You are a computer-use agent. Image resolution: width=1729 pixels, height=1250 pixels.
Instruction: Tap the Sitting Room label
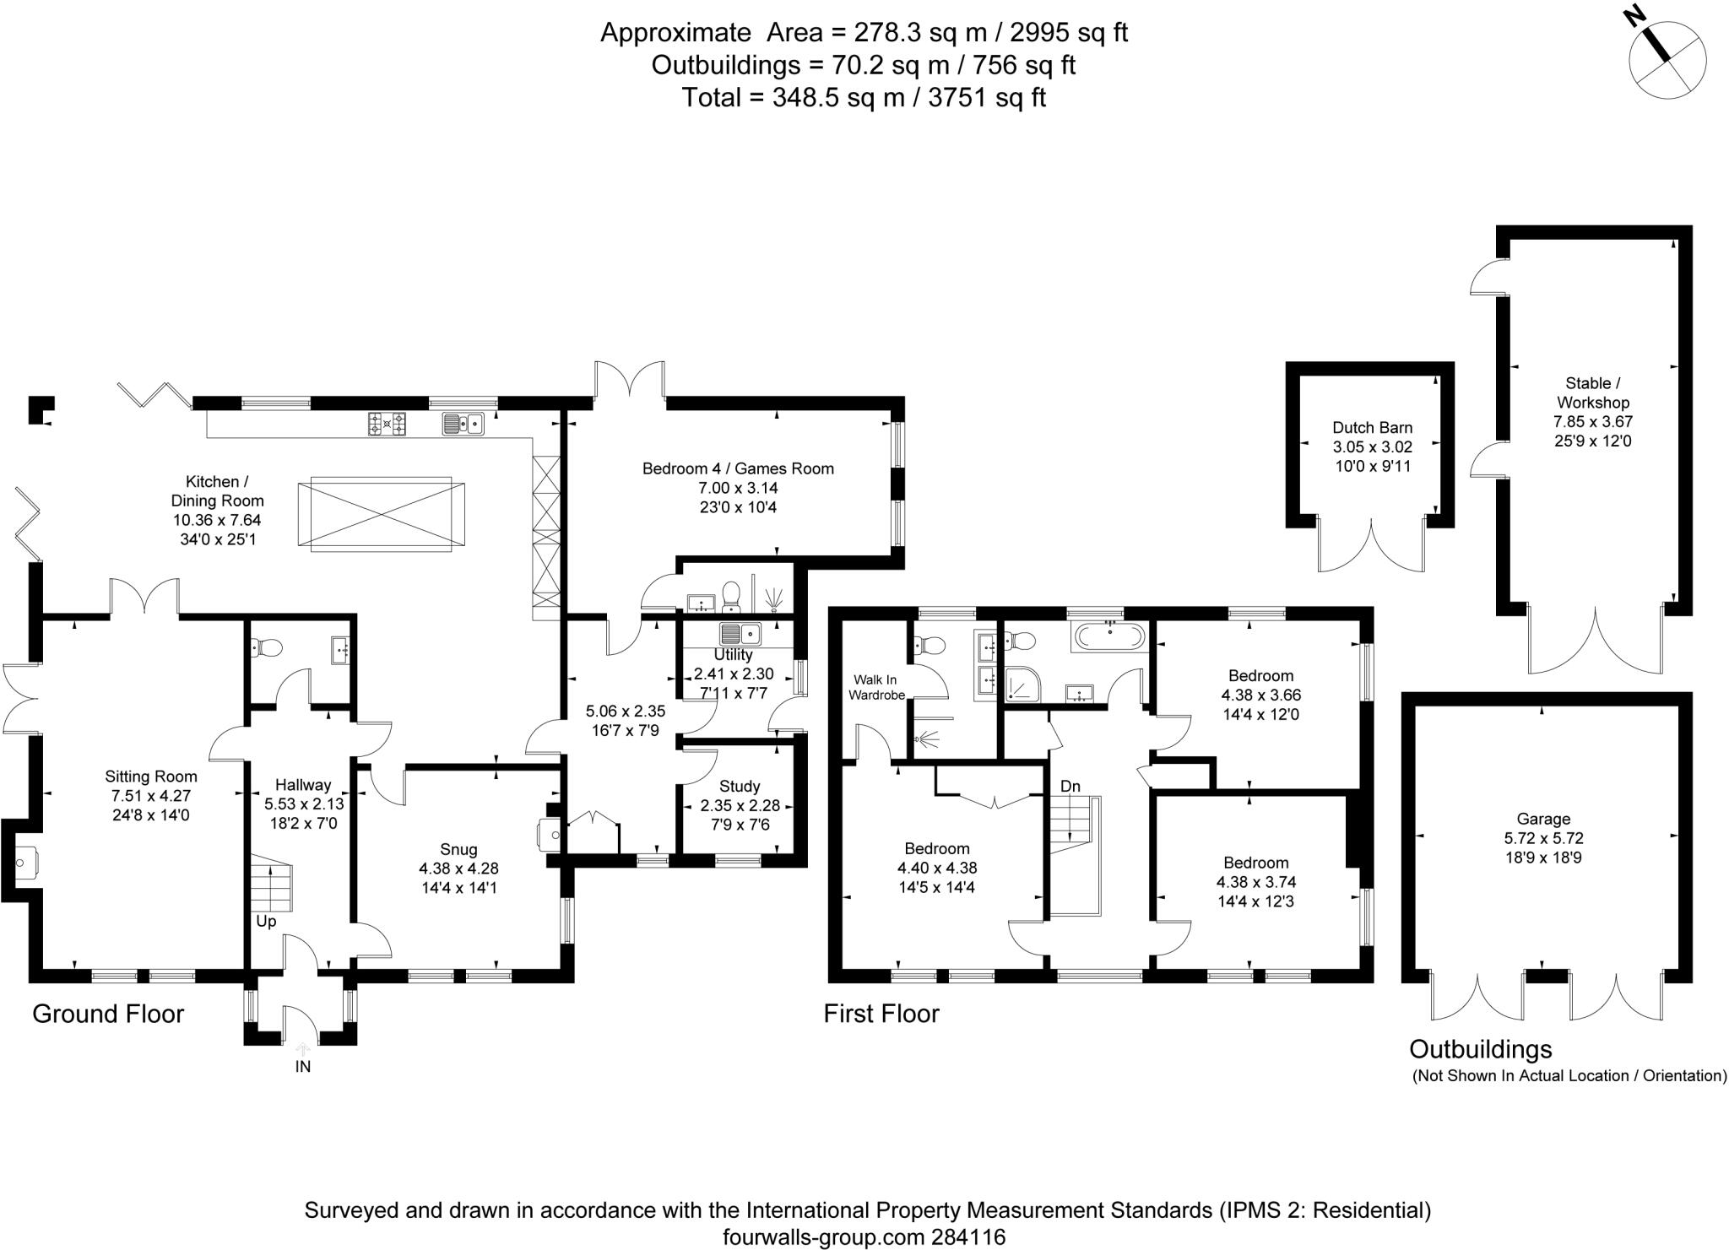(x=151, y=777)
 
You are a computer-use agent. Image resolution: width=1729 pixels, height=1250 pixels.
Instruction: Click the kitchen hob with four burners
(x=388, y=423)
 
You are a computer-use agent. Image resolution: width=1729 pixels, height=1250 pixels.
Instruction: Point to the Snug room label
(x=458, y=849)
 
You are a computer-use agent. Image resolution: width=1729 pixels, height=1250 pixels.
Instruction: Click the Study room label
(x=740, y=787)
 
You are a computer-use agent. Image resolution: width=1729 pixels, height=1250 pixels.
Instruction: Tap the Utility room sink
(x=740, y=633)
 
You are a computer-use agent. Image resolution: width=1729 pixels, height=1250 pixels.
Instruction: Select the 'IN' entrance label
(x=303, y=1067)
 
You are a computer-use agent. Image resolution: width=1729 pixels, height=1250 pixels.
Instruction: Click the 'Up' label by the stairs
(x=266, y=921)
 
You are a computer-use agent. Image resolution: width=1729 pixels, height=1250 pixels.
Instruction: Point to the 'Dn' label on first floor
(x=1070, y=787)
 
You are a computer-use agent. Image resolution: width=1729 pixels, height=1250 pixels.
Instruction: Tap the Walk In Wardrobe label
(x=878, y=687)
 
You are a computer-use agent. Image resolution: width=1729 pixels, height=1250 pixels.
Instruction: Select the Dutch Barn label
(x=1373, y=427)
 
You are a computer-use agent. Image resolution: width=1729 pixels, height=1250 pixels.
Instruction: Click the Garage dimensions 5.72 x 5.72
(x=1543, y=838)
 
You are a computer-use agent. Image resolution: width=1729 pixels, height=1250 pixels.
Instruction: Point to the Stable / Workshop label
(x=1592, y=392)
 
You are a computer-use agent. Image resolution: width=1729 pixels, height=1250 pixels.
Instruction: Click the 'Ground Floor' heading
(x=108, y=1014)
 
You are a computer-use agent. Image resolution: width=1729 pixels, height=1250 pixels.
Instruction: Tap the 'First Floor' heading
(x=881, y=1014)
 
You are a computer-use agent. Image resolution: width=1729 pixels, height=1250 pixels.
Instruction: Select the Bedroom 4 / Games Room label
(x=738, y=468)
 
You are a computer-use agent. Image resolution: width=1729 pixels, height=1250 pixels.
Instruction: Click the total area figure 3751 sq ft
(x=987, y=98)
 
